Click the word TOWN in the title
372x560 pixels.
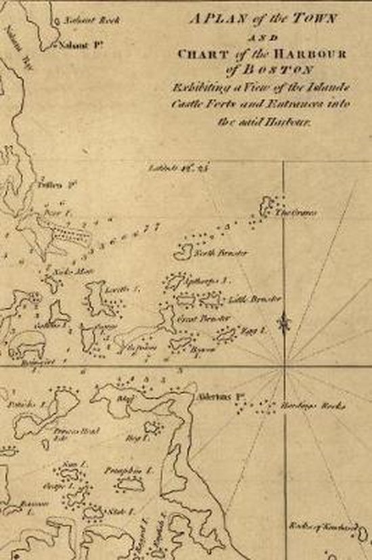click(x=313, y=20)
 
